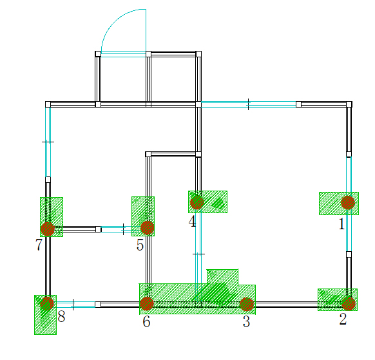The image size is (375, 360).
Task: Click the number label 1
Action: [x=341, y=224]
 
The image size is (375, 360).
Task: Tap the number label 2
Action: [x=343, y=319]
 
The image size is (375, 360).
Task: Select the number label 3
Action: [x=246, y=321]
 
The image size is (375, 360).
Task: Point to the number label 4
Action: [x=192, y=221]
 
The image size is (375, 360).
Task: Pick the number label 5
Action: [x=140, y=245]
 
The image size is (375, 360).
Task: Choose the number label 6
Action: [x=146, y=321]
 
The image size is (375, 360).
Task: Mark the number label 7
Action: [x=39, y=244]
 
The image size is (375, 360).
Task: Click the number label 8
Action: [x=61, y=316]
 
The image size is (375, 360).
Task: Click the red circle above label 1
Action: [x=348, y=202]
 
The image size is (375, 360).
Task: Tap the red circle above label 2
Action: [x=349, y=303]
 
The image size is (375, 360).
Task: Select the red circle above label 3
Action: [x=247, y=305]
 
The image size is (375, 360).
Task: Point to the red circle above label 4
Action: [x=197, y=202]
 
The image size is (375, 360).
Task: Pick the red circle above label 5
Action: [x=148, y=228]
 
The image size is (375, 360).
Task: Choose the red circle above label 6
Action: [x=147, y=304]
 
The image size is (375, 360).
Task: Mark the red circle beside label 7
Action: [x=48, y=229]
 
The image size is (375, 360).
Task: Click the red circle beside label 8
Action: [x=47, y=303]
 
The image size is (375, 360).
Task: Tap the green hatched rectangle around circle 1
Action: [x=339, y=204]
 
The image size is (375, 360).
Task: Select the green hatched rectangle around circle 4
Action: [x=207, y=202]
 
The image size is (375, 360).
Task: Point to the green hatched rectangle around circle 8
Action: [x=46, y=315]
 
